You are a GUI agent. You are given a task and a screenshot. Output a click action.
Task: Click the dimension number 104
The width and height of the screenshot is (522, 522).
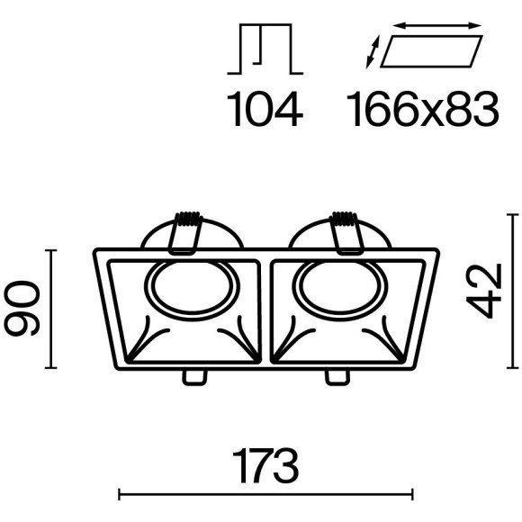tap(265, 109)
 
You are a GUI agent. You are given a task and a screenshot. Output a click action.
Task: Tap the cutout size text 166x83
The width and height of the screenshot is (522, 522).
tap(422, 109)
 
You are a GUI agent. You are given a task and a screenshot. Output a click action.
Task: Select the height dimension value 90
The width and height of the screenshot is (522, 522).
tap(22, 308)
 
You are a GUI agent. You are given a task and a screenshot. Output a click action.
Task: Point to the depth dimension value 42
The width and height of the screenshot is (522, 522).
tap(483, 291)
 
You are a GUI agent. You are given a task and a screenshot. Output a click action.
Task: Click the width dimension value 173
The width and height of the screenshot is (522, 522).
tap(265, 465)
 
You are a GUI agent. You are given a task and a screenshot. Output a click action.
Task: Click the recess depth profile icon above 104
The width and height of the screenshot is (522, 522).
tap(265, 49)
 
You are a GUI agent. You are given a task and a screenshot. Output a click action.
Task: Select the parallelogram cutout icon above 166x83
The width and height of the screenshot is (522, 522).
tap(431, 51)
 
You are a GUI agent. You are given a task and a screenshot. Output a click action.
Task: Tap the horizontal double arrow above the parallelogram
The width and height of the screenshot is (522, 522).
tap(437, 25)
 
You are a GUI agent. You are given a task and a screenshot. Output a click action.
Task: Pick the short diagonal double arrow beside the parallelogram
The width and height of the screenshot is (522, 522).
tap(373, 52)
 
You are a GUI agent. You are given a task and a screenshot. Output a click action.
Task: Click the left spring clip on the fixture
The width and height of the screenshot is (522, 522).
tap(185, 233)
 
